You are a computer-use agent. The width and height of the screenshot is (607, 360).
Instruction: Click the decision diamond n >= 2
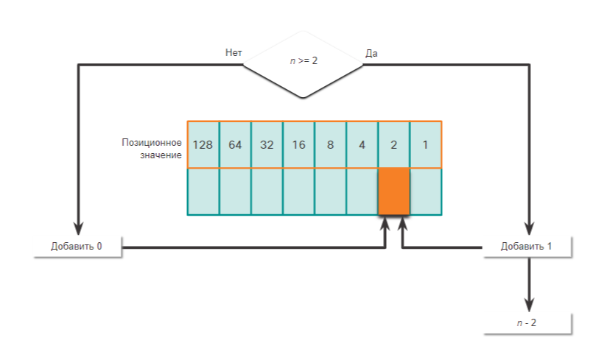coord(303,61)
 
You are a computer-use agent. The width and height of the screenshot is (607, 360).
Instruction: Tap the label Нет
coord(234,53)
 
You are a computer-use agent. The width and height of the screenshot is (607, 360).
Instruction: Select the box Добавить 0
coord(77,246)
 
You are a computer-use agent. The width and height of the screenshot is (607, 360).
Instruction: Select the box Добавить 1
coord(527,246)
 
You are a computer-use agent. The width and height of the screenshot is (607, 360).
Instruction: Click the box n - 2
coord(527,322)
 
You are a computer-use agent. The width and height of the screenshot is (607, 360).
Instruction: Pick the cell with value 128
coord(203,144)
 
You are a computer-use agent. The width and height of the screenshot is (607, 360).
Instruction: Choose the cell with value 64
coord(235,144)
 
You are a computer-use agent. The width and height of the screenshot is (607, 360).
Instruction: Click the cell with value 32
coord(267,144)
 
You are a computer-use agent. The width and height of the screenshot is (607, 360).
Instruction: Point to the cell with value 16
coord(298,144)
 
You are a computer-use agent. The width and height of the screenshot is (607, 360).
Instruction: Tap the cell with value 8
coord(330,144)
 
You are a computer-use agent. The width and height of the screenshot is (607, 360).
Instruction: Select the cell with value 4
coord(362,144)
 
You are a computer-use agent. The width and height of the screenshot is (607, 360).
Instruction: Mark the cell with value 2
coord(393,144)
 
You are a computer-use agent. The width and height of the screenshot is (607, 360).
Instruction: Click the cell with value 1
coord(425,144)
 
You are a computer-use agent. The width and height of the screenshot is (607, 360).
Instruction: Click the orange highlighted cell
coord(393,191)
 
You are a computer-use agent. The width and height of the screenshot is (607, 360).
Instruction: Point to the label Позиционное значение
coord(152,148)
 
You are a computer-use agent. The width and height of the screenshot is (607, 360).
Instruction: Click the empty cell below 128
coord(203,191)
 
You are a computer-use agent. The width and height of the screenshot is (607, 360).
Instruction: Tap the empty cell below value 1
coord(425,191)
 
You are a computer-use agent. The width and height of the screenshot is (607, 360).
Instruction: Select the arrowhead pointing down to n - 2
coord(528,304)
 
